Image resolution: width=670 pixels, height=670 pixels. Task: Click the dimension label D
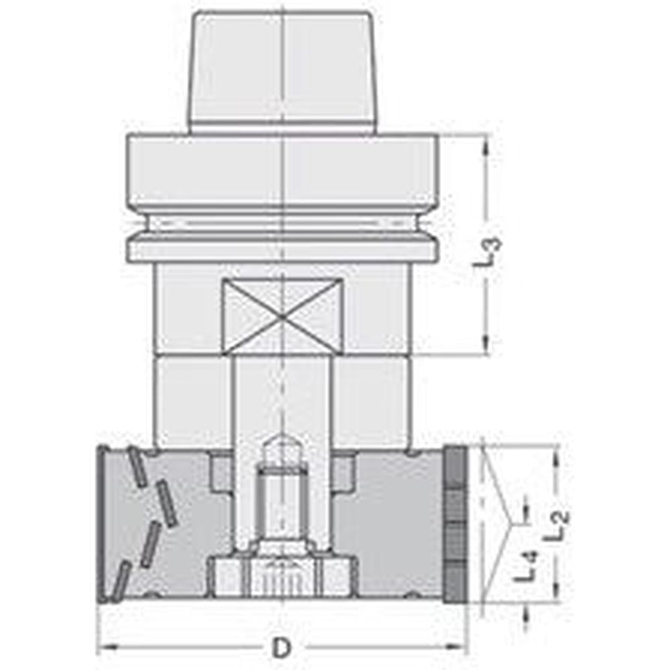(x=282, y=648)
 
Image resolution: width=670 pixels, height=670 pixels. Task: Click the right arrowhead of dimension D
(x=462, y=648)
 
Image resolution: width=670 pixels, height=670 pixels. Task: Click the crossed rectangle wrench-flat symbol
(x=282, y=316)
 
